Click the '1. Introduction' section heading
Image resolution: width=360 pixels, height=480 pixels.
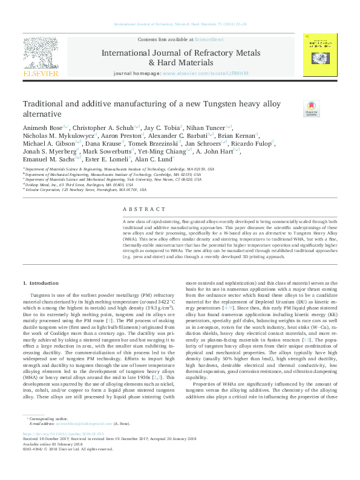[x=41, y=283]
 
